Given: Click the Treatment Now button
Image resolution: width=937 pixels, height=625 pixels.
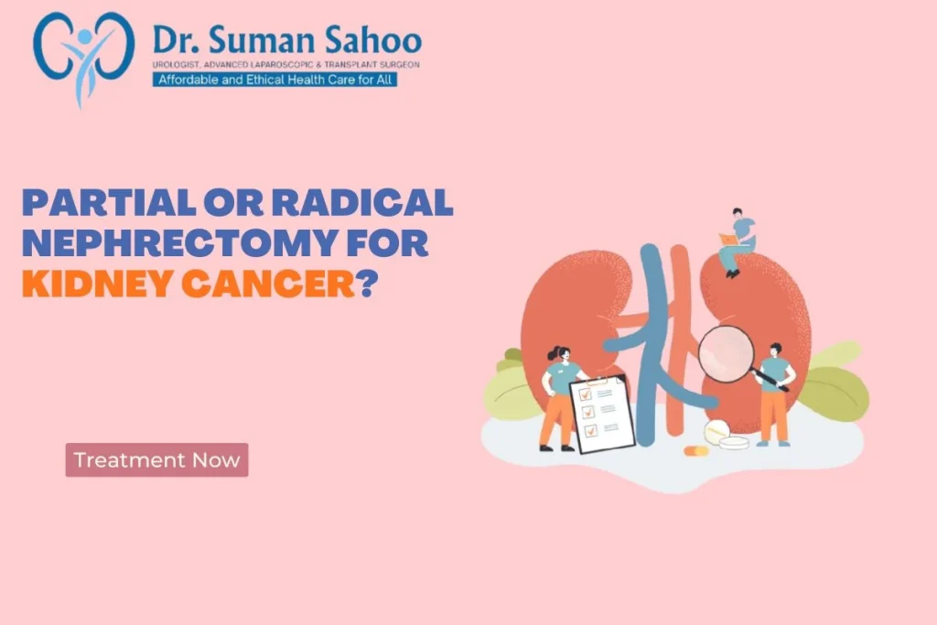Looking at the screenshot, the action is point(156,459).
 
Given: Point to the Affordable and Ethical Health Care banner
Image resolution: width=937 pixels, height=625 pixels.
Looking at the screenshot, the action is point(275,80).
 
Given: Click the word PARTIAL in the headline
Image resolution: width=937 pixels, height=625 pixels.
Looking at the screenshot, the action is point(109,202).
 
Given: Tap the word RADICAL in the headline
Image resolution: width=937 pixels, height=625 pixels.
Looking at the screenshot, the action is point(362,202).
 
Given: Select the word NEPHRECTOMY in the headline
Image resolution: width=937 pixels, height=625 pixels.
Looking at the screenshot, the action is point(178,242).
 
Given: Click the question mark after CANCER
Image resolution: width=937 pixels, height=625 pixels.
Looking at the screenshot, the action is point(368,284).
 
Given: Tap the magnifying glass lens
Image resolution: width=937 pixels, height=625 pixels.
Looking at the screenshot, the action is point(726,354).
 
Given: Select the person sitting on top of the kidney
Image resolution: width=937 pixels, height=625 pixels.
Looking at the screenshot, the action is point(737,242).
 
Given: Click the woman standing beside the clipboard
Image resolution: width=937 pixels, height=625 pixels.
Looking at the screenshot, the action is point(559,398).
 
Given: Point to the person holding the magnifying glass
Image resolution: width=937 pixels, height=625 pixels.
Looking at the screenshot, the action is point(776,394).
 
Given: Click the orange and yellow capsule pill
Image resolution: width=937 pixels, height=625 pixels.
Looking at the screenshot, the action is point(695,450).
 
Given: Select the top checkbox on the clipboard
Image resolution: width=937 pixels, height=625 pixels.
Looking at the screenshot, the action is point(585,393).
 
